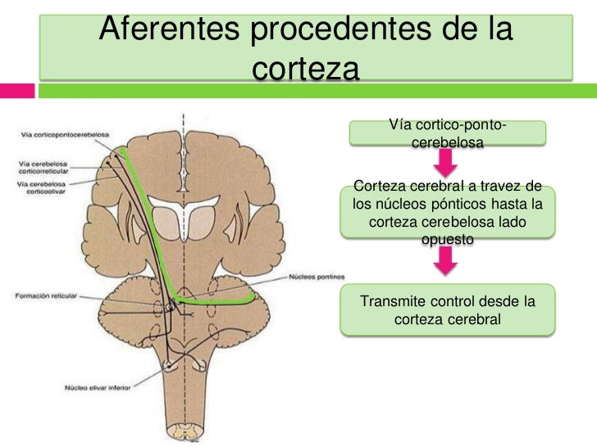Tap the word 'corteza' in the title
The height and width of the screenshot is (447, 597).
[x=306, y=68]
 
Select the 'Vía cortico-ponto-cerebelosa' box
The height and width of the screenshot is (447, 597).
[x=447, y=133]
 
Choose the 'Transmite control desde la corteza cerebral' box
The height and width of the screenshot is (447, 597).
[x=447, y=310]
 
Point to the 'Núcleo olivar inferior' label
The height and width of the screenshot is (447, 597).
[x=98, y=387]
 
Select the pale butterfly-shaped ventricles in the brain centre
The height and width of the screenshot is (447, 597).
[x=187, y=214]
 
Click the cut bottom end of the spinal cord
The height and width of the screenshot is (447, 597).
[x=187, y=429]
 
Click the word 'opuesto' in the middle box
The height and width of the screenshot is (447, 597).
[x=447, y=239]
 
